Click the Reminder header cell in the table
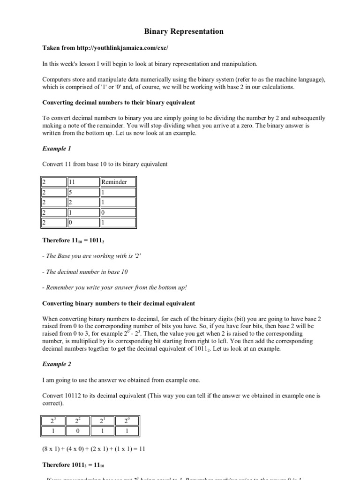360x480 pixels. point(118,182)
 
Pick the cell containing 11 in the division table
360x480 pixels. point(83,182)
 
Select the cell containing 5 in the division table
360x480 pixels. point(83,192)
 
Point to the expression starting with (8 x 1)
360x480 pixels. point(94,449)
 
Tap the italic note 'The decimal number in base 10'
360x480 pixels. point(85,271)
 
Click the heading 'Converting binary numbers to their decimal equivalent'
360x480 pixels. point(119,304)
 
